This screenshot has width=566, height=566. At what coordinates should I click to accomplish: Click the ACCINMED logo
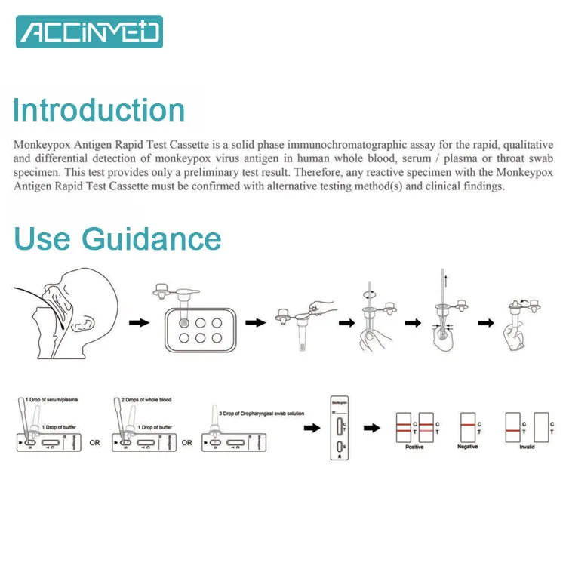90,32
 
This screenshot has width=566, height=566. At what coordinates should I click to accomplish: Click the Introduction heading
99,110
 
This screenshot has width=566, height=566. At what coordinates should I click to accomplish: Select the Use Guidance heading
118,238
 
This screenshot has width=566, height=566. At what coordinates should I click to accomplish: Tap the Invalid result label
527,447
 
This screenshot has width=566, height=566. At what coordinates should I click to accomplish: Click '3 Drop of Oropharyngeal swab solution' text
251,414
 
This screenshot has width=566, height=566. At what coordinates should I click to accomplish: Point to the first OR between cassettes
94,443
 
